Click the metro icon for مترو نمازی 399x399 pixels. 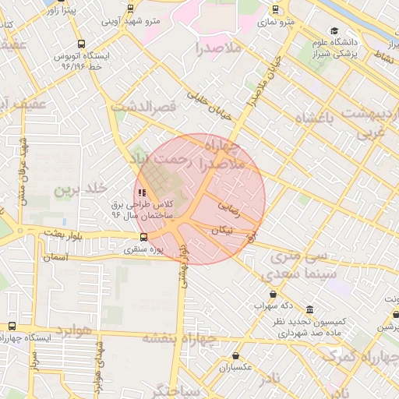click(x=275, y=10)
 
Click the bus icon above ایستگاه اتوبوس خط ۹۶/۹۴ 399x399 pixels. click(x=82, y=44)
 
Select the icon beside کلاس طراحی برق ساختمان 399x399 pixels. click(x=141, y=192)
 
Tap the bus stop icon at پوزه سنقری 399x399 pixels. click(x=143, y=238)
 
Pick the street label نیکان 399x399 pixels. click(x=221, y=230)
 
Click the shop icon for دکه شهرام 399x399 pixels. click(x=272, y=294)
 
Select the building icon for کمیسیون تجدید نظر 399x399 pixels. click(x=310, y=309)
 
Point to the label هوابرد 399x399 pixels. click(x=73, y=330)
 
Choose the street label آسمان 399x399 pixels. click(x=56, y=257)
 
